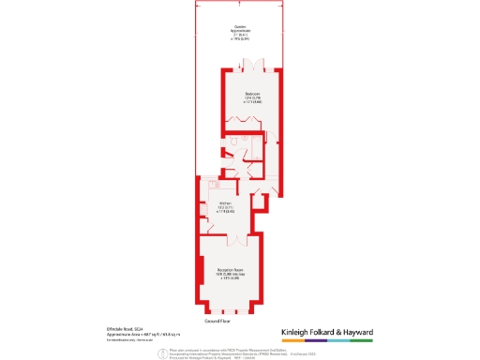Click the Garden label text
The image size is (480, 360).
tap(241, 27)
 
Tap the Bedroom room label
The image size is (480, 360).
tap(253, 95)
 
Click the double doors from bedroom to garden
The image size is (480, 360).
tap(250, 68)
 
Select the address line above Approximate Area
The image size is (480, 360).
tap(123, 328)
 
